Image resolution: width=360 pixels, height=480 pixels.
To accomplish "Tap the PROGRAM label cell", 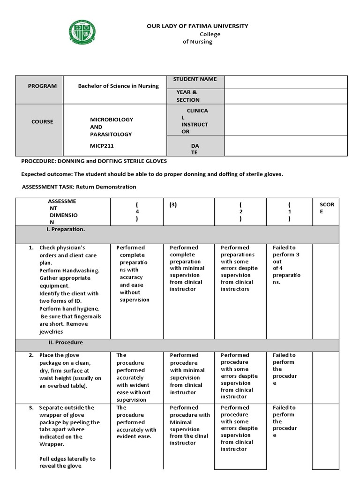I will pyautogui.click(x=42, y=86).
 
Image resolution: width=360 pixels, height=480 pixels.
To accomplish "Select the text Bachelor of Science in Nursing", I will pyautogui.click(x=118, y=86).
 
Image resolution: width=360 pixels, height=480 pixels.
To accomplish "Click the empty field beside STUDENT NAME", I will pyautogui.click(x=286, y=82).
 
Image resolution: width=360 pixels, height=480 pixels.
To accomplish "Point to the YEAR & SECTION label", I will pyautogui.click(x=187, y=96).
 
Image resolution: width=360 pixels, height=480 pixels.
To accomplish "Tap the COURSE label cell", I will pyautogui.click(x=42, y=122).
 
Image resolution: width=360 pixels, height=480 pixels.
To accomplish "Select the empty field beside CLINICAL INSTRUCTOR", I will pyautogui.click(x=286, y=120).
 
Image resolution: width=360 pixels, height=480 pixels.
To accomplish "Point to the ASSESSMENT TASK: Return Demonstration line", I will pyautogui.click(x=79, y=187).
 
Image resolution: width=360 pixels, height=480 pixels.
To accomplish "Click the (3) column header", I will pyautogui.click(x=174, y=205).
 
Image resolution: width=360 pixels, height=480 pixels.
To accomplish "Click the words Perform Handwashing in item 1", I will pyautogui.click(x=69, y=270).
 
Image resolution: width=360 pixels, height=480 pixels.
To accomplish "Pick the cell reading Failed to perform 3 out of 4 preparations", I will pyautogui.click(x=287, y=265).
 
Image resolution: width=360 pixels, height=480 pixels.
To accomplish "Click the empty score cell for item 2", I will pyautogui.click(x=325, y=377).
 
